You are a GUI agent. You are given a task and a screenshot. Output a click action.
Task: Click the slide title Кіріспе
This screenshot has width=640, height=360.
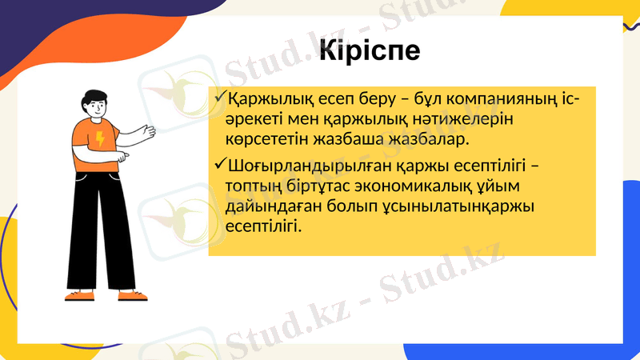point(369,50)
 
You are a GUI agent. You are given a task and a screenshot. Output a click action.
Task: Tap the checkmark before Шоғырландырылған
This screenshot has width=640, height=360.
point(220,166)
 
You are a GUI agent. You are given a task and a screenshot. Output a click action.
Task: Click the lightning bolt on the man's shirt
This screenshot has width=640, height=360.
point(100,139)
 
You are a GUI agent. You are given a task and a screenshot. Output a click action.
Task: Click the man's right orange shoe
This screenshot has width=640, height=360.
point(131,295)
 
